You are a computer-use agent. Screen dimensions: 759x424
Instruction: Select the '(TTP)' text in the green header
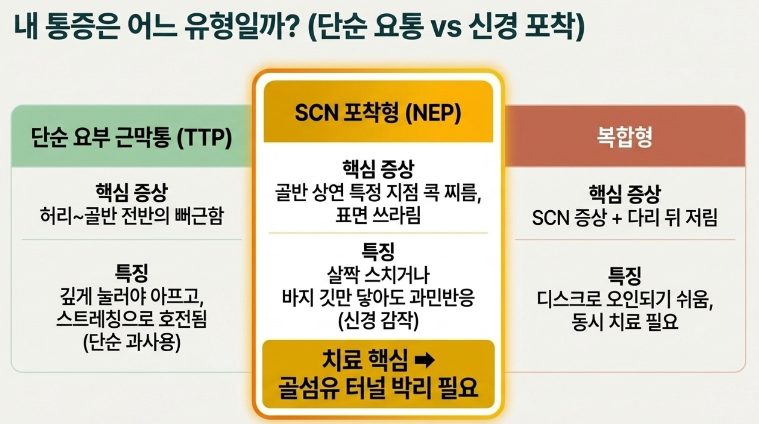tap(205, 138)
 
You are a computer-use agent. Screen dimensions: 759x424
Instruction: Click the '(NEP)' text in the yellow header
tap(433, 113)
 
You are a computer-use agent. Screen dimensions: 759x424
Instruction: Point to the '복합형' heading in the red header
tap(624, 137)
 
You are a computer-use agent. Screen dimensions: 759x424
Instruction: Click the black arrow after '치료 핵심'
tap(424, 360)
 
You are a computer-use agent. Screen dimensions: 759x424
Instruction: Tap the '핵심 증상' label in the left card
tap(131, 192)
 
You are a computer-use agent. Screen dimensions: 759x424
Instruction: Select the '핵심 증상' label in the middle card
tap(378, 169)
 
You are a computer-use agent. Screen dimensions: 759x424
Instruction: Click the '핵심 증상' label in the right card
tap(624, 194)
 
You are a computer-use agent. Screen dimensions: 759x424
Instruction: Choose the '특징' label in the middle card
tap(378, 252)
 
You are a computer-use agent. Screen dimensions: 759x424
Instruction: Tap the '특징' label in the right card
tap(624, 275)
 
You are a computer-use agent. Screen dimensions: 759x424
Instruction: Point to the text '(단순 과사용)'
tap(132, 342)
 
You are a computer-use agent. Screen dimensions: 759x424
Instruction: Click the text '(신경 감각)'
tap(378, 320)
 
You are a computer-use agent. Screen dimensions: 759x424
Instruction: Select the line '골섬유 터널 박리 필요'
tap(378, 387)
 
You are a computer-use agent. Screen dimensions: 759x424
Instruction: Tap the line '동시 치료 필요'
tap(624, 322)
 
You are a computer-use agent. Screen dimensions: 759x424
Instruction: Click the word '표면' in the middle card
tap(350, 215)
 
